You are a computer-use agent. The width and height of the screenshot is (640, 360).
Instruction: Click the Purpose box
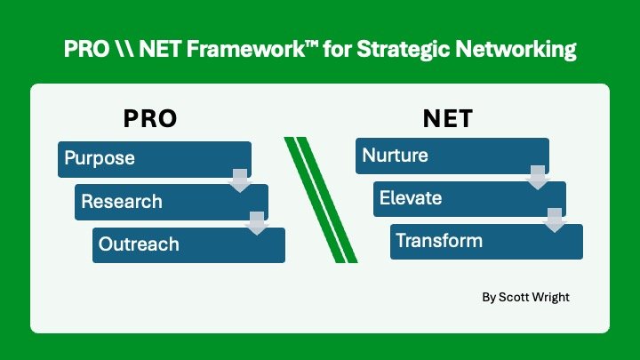[142, 159]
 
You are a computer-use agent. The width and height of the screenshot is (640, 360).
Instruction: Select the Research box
[160, 202]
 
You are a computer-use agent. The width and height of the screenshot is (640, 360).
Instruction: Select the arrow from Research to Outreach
[257, 222]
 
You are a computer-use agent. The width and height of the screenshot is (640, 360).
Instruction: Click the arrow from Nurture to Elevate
[538, 177]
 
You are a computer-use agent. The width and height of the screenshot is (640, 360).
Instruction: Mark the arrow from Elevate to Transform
[555, 220]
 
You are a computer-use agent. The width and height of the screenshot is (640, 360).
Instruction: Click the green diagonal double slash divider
[320, 200]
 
